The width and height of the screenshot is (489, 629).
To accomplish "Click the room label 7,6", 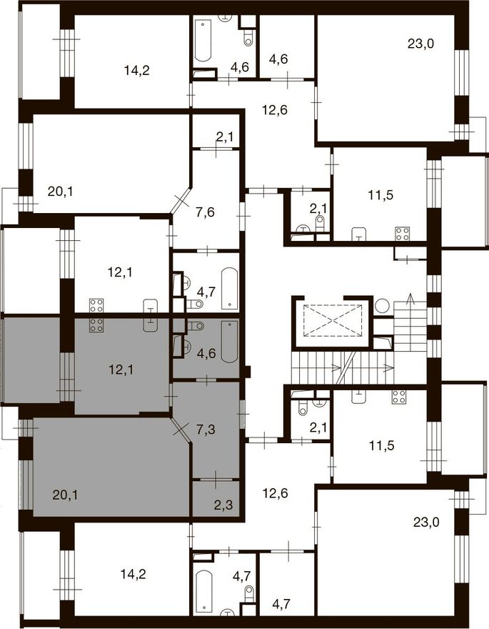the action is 205,212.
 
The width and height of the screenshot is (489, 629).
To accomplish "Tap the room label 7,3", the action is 206,430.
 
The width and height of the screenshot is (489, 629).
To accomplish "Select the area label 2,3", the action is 223,505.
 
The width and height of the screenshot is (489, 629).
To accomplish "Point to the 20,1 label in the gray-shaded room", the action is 65,495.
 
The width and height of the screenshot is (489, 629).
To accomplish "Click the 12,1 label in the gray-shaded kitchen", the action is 121,370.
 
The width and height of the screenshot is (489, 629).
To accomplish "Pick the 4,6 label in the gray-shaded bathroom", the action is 206,353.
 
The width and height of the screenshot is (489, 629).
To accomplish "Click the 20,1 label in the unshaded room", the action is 61,192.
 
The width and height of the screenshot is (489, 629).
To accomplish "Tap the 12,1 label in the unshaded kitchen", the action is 120,273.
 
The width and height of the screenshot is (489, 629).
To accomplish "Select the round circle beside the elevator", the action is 382,306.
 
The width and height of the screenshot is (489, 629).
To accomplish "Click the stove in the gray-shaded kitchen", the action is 96,325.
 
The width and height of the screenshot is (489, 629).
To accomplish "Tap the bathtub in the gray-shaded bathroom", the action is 229,342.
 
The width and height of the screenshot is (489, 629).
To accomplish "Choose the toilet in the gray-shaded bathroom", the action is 196,326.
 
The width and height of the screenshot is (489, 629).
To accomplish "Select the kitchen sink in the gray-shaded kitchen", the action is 151,325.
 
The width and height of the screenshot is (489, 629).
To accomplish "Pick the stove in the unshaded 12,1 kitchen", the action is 96,305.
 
